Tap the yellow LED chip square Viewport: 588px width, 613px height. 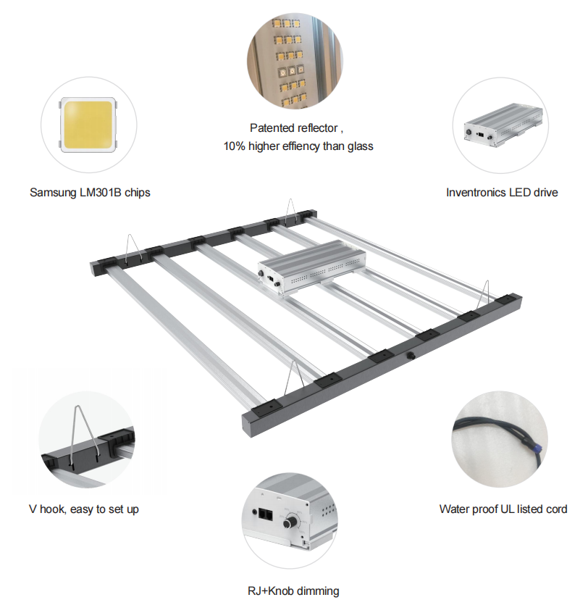(x=88, y=125)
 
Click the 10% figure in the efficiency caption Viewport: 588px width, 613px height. (x=234, y=146)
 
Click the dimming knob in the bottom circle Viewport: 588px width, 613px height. (x=291, y=521)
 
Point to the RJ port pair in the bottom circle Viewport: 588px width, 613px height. (x=266, y=516)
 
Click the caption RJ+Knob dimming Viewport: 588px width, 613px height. (x=293, y=591)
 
